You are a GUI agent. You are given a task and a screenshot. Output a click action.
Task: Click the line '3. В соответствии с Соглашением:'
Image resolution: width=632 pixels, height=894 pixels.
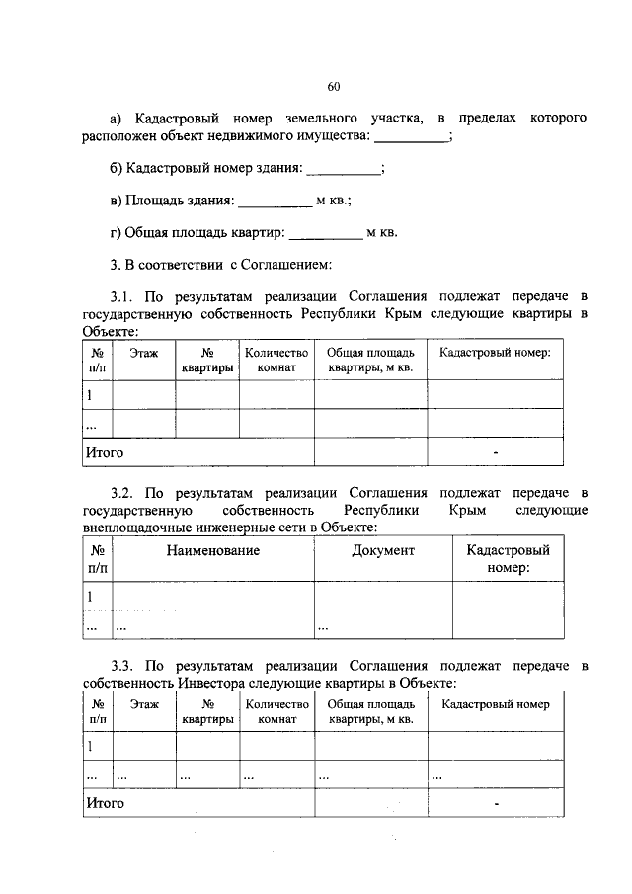click(x=220, y=265)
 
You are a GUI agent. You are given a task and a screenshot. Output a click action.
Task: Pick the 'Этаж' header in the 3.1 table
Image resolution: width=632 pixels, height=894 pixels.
click(x=144, y=352)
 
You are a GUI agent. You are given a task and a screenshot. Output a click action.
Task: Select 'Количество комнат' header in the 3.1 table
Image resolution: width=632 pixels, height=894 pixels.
click(x=276, y=360)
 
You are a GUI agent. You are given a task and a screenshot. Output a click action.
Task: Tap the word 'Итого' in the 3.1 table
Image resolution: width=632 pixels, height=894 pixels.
click(x=105, y=452)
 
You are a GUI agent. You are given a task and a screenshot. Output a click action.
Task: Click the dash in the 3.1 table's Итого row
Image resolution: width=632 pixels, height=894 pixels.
click(x=496, y=453)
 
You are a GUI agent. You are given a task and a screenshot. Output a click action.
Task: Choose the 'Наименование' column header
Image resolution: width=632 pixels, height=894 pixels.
click(x=213, y=550)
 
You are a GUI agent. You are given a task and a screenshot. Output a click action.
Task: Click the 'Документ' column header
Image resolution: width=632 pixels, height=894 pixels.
click(x=383, y=550)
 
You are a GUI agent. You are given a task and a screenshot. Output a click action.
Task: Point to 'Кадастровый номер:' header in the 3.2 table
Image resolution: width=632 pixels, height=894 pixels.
click(x=508, y=558)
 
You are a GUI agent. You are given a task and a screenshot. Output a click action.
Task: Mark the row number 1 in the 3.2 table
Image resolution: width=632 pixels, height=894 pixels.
click(x=90, y=596)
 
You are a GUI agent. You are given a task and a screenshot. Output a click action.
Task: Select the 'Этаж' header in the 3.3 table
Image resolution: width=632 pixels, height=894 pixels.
click(x=144, y=704)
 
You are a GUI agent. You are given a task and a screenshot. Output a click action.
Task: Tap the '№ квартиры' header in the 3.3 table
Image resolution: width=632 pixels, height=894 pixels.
click(x=207, y=712)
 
